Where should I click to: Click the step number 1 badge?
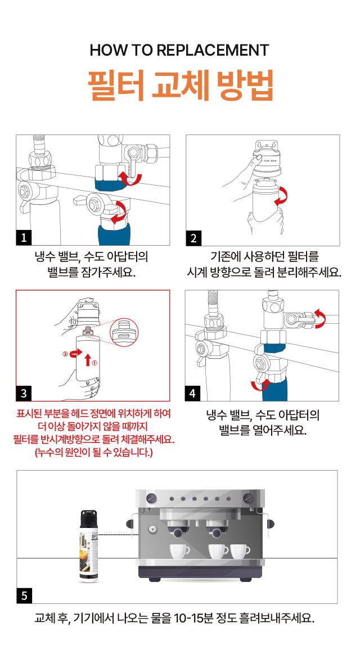click(x=24, y=238)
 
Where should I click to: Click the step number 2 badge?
click(x=193, y=238)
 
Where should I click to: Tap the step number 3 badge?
click(x=24, y=392)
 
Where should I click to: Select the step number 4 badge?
click(x=193, y=392)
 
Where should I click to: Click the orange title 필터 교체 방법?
click(x=180, y=85)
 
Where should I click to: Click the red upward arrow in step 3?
click(x=87, y=357)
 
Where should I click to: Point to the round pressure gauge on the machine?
click(x=152, y=529)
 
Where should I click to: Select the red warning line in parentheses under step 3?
click(x=93, y=452)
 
